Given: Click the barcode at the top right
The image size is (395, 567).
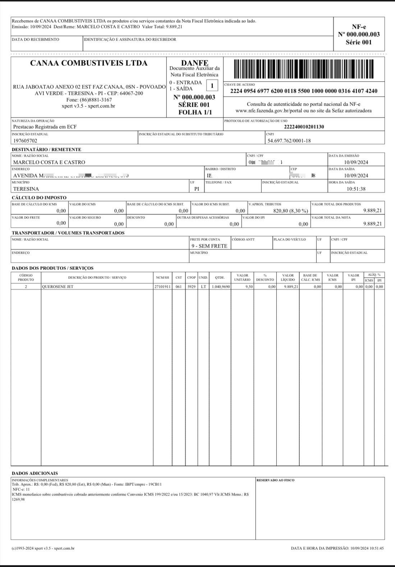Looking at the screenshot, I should [304, 69].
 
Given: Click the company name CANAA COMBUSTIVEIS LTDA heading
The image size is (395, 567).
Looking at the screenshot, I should [89, 63].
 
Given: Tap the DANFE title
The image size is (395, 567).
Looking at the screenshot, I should [194, 63].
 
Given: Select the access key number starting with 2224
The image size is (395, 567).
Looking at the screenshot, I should [304, 91].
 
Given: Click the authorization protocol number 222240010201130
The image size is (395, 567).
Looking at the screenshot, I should [304, 127].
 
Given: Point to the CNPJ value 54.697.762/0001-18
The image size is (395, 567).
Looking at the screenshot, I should [289, 141].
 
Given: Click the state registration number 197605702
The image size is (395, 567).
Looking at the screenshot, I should [25, 141].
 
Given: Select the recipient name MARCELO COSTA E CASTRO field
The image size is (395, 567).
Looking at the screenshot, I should [49, 162].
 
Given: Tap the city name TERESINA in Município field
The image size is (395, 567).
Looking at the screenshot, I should [26, 189].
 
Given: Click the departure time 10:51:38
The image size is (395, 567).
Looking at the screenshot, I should [356, 189].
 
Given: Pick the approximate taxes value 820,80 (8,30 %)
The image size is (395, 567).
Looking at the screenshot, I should [290, 211].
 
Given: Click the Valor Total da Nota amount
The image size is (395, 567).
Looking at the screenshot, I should [372, 224].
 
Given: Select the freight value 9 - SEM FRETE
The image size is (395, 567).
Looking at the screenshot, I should [209, 246].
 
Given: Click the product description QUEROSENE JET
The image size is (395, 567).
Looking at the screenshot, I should [58, 287].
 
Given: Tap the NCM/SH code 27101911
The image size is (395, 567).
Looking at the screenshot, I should [162, 287].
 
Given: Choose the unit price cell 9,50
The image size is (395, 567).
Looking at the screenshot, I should [249, 287].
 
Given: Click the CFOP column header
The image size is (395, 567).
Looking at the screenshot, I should [192, 278].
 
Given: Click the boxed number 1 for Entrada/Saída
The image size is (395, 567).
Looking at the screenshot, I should [212, 86].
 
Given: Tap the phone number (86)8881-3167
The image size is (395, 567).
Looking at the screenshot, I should [89, 100].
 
